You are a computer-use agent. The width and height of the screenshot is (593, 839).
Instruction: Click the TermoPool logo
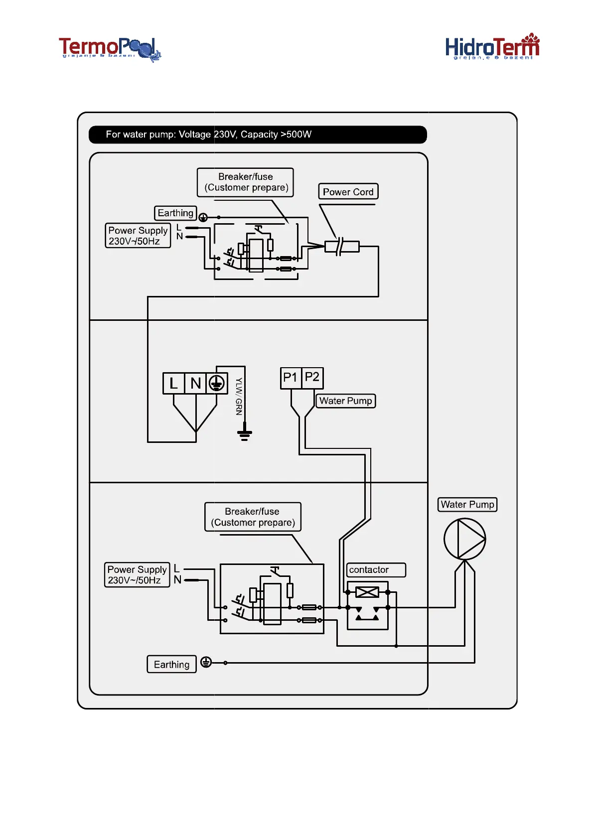110,49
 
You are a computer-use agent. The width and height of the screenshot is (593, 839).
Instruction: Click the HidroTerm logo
492,47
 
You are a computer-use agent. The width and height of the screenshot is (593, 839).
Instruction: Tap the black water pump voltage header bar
258,135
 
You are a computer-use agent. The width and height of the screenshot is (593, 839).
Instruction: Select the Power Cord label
348,192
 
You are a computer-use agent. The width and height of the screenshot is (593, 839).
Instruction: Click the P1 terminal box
291,378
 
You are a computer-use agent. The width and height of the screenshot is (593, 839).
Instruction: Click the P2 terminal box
312,378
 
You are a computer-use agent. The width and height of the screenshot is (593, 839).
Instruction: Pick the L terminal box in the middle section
173,383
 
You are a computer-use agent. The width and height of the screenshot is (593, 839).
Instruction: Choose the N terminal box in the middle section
195,383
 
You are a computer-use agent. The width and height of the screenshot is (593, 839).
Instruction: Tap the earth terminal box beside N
217,383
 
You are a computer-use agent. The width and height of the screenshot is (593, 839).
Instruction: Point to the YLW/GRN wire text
239,397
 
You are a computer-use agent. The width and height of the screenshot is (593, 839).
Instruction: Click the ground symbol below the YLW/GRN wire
244,434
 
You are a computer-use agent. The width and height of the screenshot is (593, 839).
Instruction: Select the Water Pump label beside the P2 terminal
345,401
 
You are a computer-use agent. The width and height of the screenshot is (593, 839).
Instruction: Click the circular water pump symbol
464,539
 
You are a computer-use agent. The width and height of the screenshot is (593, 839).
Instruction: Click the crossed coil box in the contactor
367,592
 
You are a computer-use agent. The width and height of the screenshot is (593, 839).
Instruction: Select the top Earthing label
175,213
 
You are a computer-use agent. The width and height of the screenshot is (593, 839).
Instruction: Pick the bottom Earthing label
171,664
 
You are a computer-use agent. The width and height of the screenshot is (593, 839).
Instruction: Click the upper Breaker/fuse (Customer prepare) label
246,182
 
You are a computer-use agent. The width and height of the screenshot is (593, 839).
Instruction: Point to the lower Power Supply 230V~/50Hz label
137,575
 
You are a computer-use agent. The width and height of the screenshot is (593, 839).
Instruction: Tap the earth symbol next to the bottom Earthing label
206,662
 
